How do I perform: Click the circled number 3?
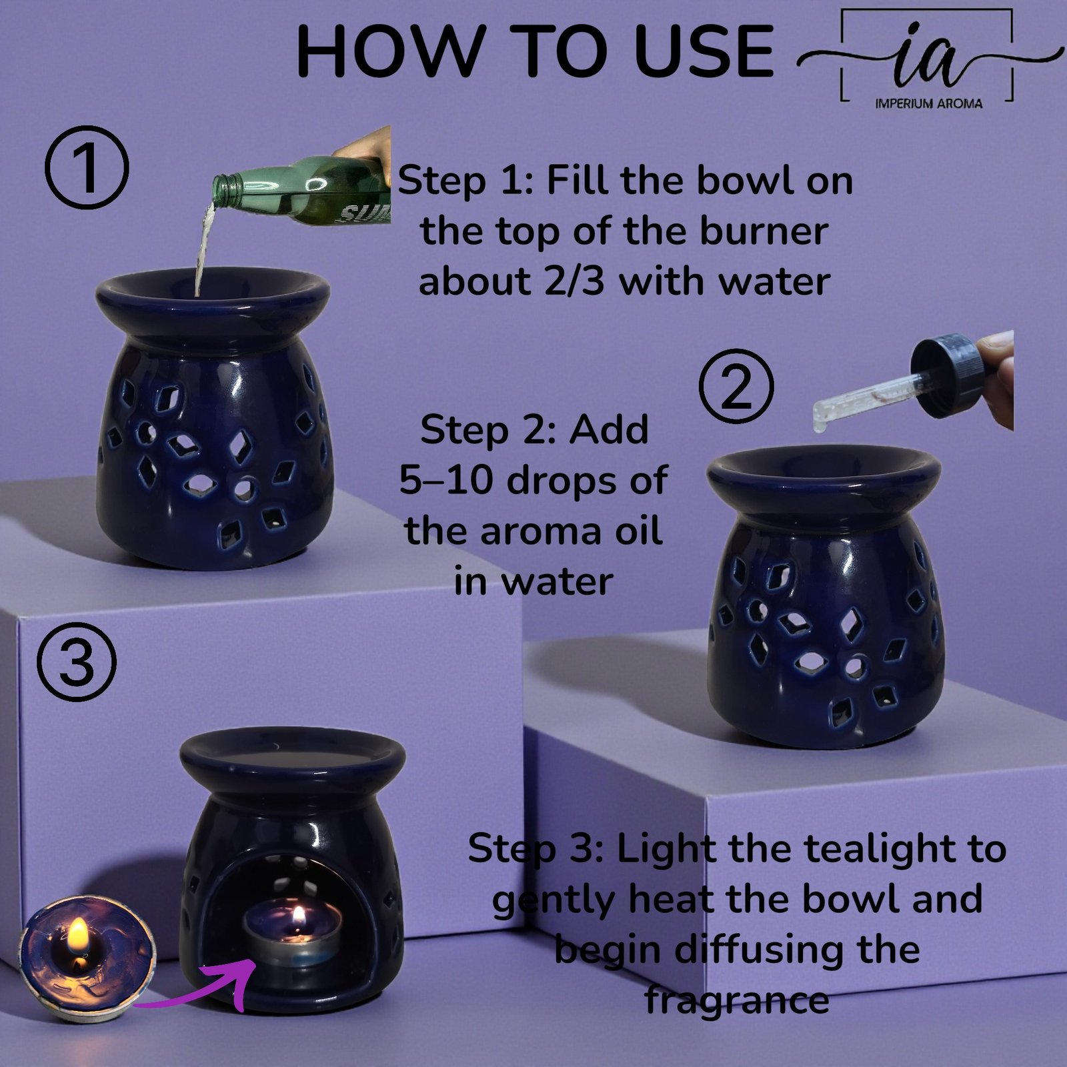pos(77,662)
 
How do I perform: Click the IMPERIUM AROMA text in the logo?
pos(928,103)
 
